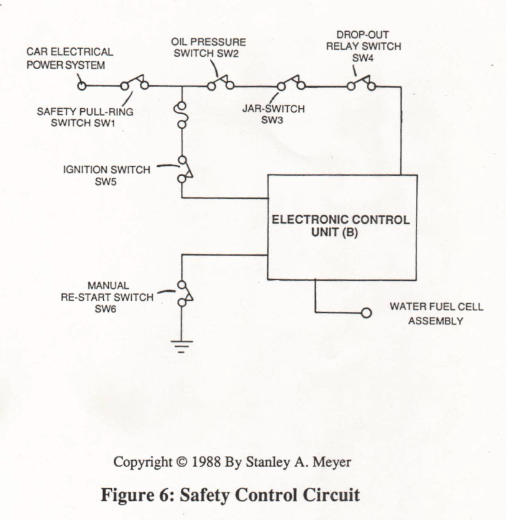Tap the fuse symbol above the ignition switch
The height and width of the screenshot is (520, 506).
[182, 115]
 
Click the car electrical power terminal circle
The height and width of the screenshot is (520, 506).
[81, 86]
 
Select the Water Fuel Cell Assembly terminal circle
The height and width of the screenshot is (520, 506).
[366, 312]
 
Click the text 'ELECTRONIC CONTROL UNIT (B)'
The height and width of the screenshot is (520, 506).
[341, 226]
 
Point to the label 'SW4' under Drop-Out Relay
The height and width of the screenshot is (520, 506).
[362, 58]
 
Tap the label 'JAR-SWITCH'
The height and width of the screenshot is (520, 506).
[274, 109]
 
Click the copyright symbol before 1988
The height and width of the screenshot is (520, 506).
[182, 462]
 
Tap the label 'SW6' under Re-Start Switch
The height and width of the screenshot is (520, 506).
[106, 309]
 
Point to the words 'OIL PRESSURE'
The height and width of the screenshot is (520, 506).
[208, 42]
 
